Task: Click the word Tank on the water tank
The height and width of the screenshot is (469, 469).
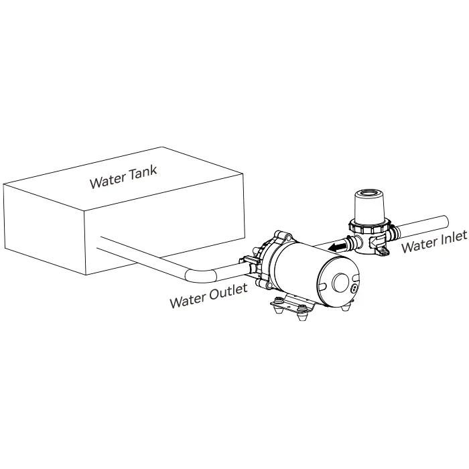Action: click(143, 174)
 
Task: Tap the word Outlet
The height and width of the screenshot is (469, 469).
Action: click(228, 292)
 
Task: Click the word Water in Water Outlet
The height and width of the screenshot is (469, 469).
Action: click(188, 300)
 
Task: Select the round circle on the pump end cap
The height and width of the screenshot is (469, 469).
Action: click(340, 282)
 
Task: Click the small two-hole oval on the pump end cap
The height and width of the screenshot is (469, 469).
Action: click(354, 288)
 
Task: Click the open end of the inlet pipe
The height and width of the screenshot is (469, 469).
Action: click(444, 222)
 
